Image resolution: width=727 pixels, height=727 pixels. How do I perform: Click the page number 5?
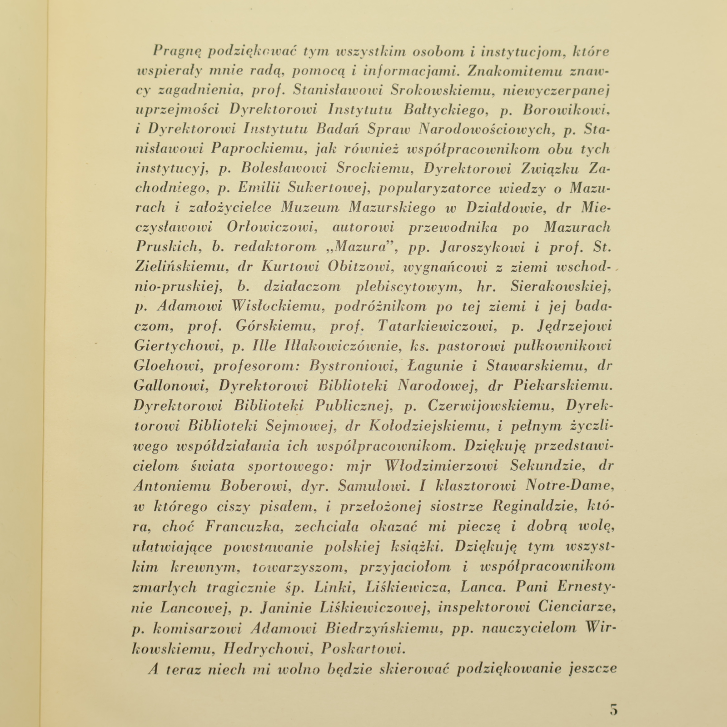pos(614,709)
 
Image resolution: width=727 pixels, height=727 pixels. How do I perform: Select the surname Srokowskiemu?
pos(442,91)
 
